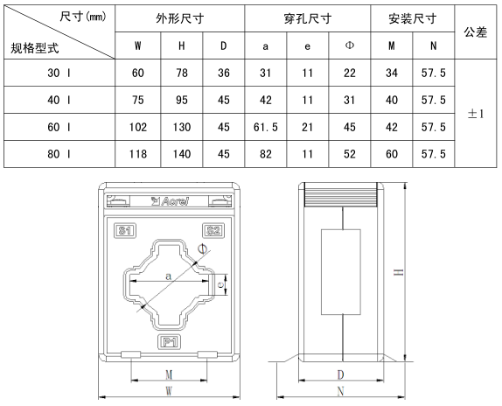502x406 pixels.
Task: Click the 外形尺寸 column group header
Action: coord(179,18)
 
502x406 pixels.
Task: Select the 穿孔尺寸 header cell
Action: coord(307,18)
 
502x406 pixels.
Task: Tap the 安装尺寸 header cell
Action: coord(413,18)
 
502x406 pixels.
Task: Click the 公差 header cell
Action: coord(476,32)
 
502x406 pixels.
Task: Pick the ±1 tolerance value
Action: coord(476,114)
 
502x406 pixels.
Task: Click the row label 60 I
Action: coord(59,127)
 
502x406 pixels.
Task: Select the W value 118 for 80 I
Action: coord(138,154)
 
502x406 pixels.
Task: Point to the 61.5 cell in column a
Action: coord(265,127)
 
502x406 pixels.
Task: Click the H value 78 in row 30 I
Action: coord(182,73)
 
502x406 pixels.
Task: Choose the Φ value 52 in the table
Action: coord(350,154)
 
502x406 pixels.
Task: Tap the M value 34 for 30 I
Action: coord(392,73)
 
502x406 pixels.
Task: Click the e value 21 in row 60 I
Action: coord(307,127)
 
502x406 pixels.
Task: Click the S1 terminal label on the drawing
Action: coord(125,230)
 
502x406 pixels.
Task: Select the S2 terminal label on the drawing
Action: coord(213,230)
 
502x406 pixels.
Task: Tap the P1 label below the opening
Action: coord(170,342)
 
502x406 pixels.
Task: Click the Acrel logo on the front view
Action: coord(170,201)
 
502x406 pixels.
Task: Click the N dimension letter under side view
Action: coord(341,391)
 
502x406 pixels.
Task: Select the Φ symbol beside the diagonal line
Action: coord(202,248)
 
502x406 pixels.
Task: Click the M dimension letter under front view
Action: coord(169,374)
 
